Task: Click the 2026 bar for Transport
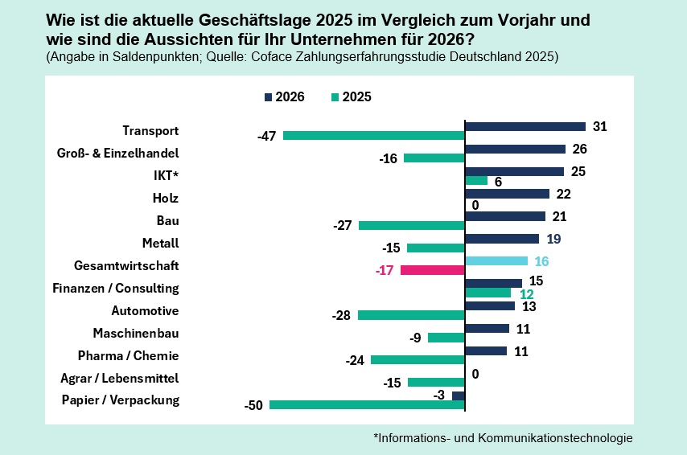pyautogui.click(x=525, y=126)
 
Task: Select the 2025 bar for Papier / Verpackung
pyautogui.click(x=367, y=405)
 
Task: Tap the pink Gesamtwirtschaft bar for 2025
pyautogui.click(x=433, y=270)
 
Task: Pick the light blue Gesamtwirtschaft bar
pyautogui.click(x=496, y=260)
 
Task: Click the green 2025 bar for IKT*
pyautogui.click(x=476, y=181)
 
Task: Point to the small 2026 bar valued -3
pyautogui.click(x=459, y=396)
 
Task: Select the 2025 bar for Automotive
pyautogui.click(x=411, y=315)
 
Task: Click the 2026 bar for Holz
pyautogui.click(x=507, y=194)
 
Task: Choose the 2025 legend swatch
pyautogui.click(x=335, y=97)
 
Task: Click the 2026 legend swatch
pyautogui.click(x=268, y=97)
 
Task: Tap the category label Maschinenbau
pyautogui.click(x=136, y=333)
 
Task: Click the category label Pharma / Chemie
pyautogui.click(x=128, y=355)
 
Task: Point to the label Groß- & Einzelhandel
pyautogui.click(x=118, y=153)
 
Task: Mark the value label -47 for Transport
pyautogui.click(x=266, y=136)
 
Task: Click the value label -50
pyautogui.click(x=253, y=406)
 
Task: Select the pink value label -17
pyautogui.click(x=384, y=271)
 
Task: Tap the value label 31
pyautogui.click(x=599, y=126)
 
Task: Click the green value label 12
pyautogui.click(x=526, y=294)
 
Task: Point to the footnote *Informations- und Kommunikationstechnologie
pyautogui.click(x=503, y=438)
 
